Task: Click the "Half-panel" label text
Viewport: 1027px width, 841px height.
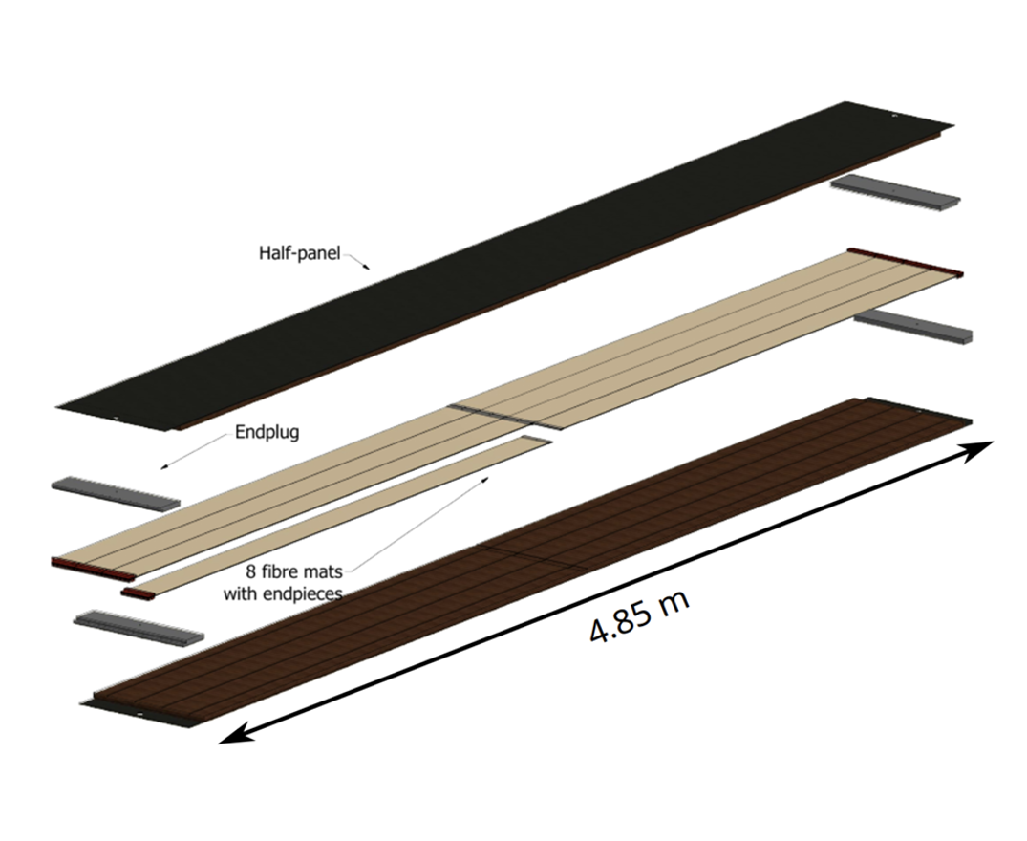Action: (x=299, y=253)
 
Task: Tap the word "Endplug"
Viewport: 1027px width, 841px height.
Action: (x=267, y=432)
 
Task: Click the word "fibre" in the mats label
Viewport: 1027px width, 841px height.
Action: (x=282, y=571)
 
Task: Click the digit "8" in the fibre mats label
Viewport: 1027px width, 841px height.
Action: (x=251, y=572)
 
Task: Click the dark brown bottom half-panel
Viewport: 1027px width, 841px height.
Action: (x=530, y=562)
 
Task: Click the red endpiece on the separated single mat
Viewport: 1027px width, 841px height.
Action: (x=138, y=593)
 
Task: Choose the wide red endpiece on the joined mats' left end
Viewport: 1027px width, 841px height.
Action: (x=93, y=570)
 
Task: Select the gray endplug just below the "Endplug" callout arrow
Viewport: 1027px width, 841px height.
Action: (x=116, y=493)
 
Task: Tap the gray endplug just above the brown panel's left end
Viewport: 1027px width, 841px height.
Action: (x=139, y=628)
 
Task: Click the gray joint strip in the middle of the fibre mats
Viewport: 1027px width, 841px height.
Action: (x=504, y=418)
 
